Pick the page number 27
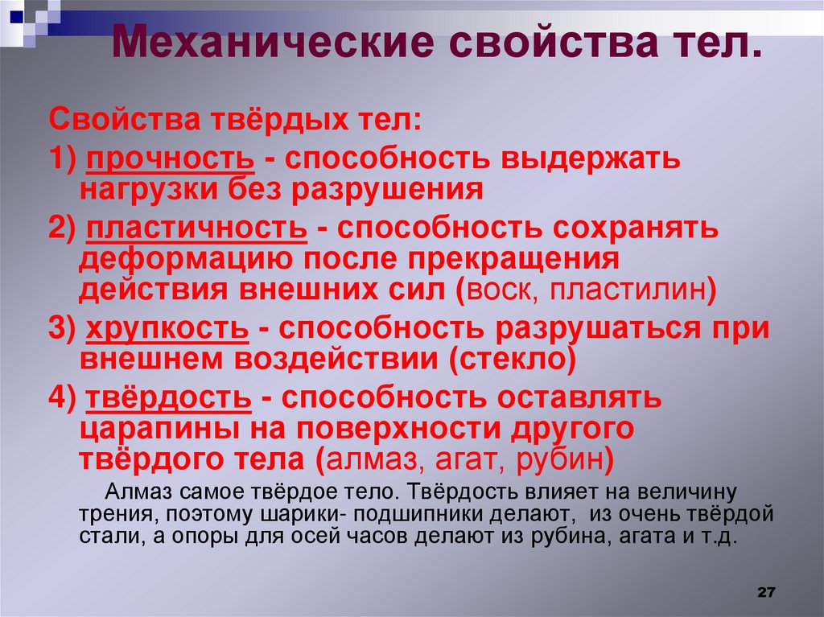coord(765,592)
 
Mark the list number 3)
coord(62,329)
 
